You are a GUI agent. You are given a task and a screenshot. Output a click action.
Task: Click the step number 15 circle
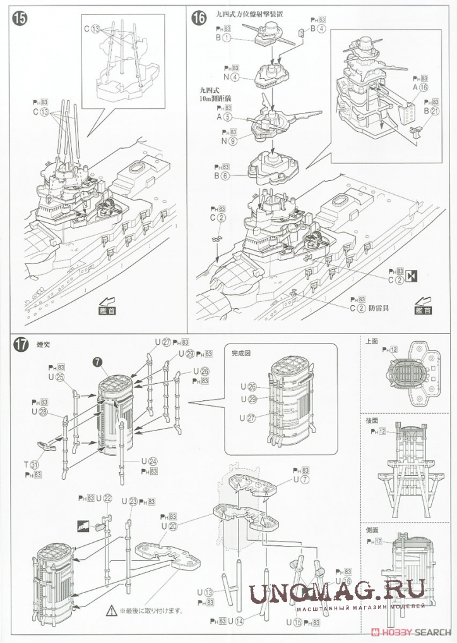(20, 18)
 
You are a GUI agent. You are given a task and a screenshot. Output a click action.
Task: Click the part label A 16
(419, 88)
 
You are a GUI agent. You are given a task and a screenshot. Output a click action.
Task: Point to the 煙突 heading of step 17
(44, 344)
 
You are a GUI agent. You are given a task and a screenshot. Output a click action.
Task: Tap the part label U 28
(39, 412)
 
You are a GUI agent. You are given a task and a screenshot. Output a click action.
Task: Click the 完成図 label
(240, 354)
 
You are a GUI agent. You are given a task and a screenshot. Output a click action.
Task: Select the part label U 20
(169, 526)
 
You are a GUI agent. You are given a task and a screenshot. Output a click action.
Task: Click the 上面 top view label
(372, 340)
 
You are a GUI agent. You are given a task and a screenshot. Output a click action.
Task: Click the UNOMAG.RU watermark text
(336, 593)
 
